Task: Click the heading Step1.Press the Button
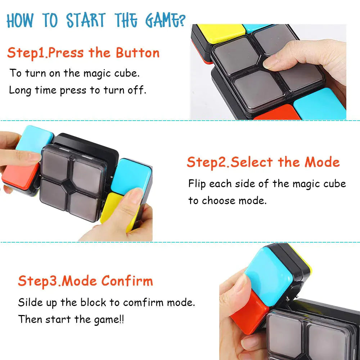83,53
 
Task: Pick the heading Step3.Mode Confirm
85,281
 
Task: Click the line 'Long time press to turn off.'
77,90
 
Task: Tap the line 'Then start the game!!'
71,319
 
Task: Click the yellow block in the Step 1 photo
218,32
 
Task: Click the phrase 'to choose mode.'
227,200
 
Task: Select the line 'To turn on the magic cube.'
75,73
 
